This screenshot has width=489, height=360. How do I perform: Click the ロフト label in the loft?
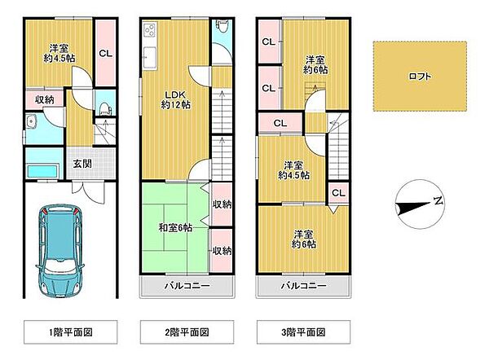pos(421,77)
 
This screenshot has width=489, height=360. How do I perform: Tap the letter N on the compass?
pos(438,200)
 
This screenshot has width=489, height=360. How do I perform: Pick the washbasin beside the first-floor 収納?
pos(31,122)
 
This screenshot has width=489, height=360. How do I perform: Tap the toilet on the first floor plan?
pos(101,108)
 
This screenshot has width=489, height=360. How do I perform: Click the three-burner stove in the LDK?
pos(151,31)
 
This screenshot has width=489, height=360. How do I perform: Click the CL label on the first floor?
pos(105,54)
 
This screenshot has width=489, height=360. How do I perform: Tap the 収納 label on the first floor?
pos(43,99)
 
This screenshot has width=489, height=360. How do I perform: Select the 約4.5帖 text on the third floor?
pos(293,174)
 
